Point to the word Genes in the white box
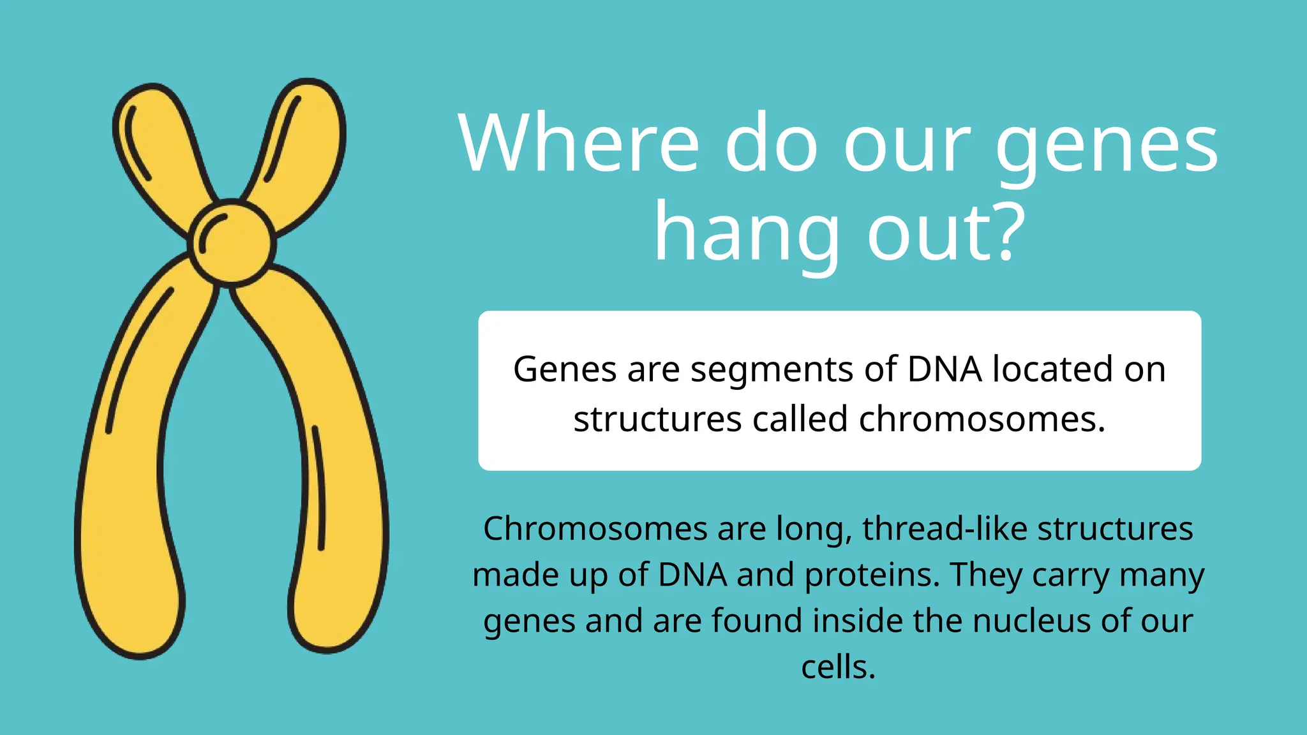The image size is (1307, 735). tap(565, 369)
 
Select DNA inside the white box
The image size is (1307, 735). tap(944, 369)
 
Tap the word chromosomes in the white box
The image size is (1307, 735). tap(981, 419)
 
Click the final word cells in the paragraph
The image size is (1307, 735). tap(837, 667)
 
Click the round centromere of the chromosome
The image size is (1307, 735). tap(232, 243)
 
